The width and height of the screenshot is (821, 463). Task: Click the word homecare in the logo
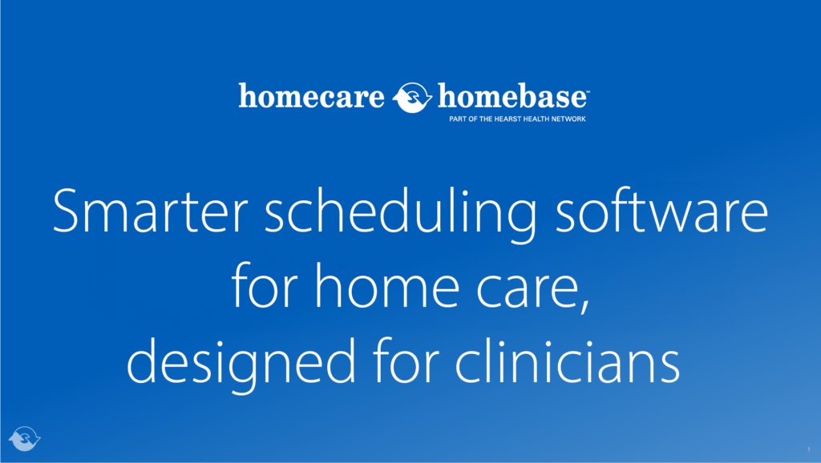[312, 98]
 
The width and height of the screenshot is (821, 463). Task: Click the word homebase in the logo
[512, 98]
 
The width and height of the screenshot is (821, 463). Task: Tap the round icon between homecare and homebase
[413, 98]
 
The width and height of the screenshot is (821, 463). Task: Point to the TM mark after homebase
[588, 91]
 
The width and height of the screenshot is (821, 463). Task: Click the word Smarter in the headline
[142, 212]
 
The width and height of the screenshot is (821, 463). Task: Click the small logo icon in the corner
[24, 437]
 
